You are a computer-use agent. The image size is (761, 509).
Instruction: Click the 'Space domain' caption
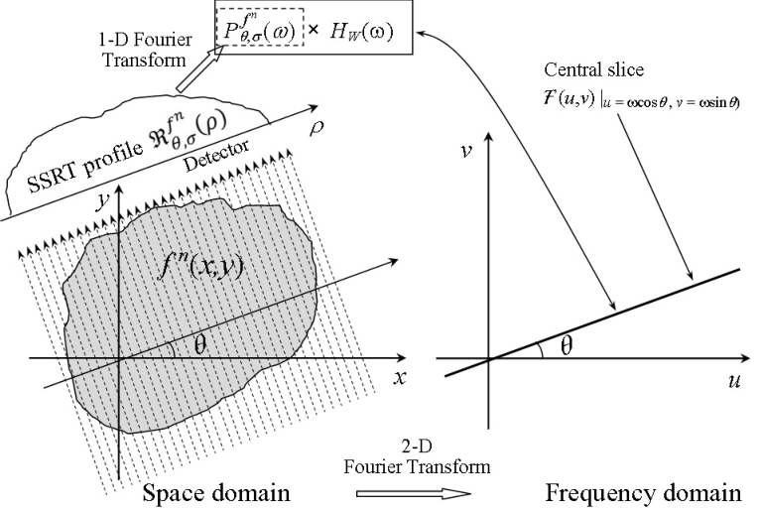216,493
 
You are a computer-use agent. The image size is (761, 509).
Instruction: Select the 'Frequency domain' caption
644,493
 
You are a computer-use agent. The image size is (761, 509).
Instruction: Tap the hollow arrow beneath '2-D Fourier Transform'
414,493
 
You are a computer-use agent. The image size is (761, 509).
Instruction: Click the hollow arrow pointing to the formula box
199,68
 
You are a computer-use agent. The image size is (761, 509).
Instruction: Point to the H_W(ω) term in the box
361,32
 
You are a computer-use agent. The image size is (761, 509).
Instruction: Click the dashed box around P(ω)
260,27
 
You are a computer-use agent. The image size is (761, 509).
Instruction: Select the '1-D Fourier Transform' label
147,50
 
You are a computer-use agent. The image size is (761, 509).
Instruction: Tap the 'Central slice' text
593,69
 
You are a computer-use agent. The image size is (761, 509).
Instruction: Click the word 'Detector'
217,156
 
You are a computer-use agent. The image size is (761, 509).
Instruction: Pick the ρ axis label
316,128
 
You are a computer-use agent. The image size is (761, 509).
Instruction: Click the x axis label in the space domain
399,377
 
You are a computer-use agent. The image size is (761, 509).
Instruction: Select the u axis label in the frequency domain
734,381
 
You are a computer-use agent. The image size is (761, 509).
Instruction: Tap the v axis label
467,152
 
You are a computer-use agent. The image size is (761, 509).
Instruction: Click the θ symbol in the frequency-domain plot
567,346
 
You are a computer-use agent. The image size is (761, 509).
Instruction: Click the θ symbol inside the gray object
200,346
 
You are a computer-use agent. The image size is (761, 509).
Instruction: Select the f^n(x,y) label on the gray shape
200,266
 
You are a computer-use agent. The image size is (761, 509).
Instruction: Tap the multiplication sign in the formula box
314,30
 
